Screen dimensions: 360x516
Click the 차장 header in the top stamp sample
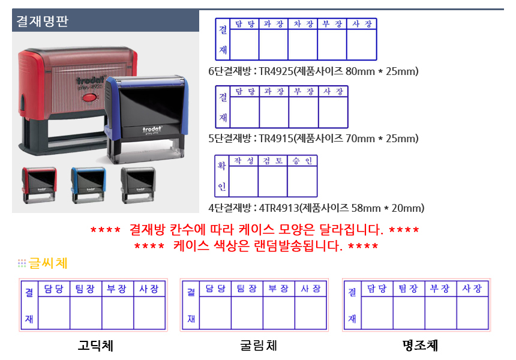(x=303, y=24)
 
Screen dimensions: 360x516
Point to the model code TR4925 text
(x=276, y=71)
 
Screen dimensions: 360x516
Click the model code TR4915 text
(x=276, y=139)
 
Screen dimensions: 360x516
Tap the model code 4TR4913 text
(x=279, y=208)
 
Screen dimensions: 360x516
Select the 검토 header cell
(x=273, y=161)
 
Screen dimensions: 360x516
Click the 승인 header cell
(x=302, y=161)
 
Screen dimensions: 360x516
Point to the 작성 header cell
(x=244, y=161)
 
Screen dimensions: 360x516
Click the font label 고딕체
(x=95, y=346)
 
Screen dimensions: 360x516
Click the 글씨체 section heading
(x=48, y=263)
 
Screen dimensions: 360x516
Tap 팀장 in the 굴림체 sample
(x=247, y=289)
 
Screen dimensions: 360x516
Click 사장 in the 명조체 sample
(x=472, y=289)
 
